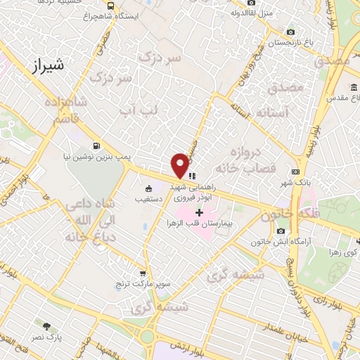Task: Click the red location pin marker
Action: click(x=180, y=165)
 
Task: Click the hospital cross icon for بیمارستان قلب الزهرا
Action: click(x=199, y=212)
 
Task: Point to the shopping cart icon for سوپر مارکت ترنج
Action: click(x=143, y=274)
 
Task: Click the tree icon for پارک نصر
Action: click(x=46, y=326)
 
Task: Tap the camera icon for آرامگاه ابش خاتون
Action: click(x=281, y=231)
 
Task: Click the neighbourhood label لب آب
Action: click(x=138, y=110)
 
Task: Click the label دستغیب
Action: click(x=148, y=200)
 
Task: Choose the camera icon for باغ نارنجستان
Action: click(x=291, y=32)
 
